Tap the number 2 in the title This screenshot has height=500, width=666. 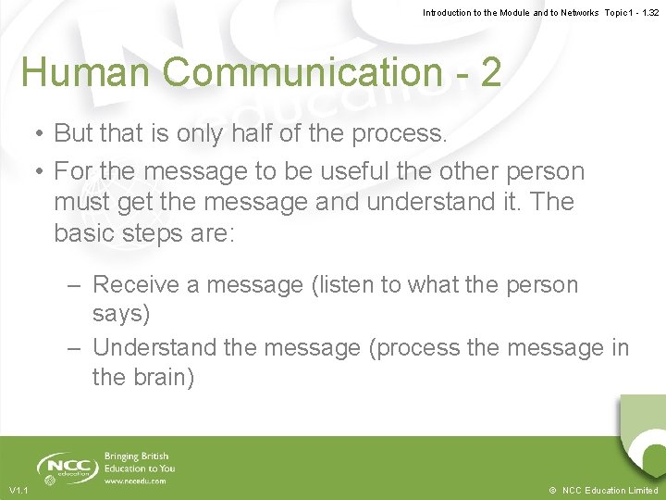pos(490,72)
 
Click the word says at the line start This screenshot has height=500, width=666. pos(120,314)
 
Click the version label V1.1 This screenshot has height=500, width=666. pos(18,490)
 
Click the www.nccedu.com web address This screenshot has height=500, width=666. pos(135,481)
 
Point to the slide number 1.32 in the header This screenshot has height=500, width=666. pos(647,12)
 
